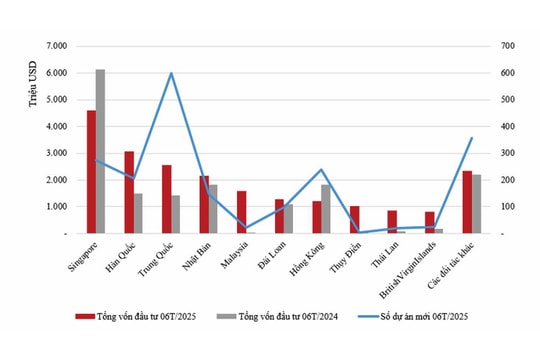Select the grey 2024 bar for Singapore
tap(101, 151)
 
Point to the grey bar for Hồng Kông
tap(325, 209)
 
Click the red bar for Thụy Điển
tap(354, 220)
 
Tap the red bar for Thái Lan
tap(392, 222)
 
